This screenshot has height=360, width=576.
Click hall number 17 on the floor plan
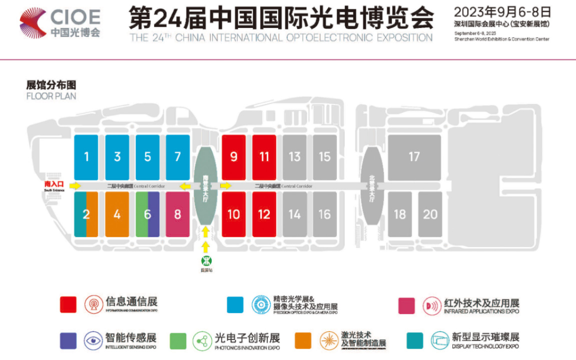[x=414, y=157]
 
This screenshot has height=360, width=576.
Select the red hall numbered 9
[x=233, y=157]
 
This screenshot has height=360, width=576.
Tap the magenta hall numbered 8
[x=178, y=214]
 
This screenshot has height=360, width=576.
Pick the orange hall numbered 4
[x=117, y=214]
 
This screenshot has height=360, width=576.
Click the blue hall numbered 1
[x=87, y=157]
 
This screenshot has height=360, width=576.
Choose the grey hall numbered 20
[x=430, y=214]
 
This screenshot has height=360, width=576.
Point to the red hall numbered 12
[x=264, y=214]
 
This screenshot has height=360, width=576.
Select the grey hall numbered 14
[x=294, y=214]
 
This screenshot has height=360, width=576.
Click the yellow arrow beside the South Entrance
[x=75, y=185]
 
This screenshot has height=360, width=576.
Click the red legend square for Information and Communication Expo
[x=68, y=304]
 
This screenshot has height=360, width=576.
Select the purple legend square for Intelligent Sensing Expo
[x=68, y=340]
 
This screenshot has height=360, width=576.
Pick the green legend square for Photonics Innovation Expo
[x=178, y=340]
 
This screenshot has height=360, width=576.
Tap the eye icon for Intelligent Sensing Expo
[x=93, y=340]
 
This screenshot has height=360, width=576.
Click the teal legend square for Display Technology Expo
[x=415, y=340]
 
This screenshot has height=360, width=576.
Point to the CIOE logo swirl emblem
[x=33, y=23]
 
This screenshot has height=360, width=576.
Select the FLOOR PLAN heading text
[x=51, y=95]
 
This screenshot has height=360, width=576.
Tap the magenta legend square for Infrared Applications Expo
[x=406, y=304]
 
